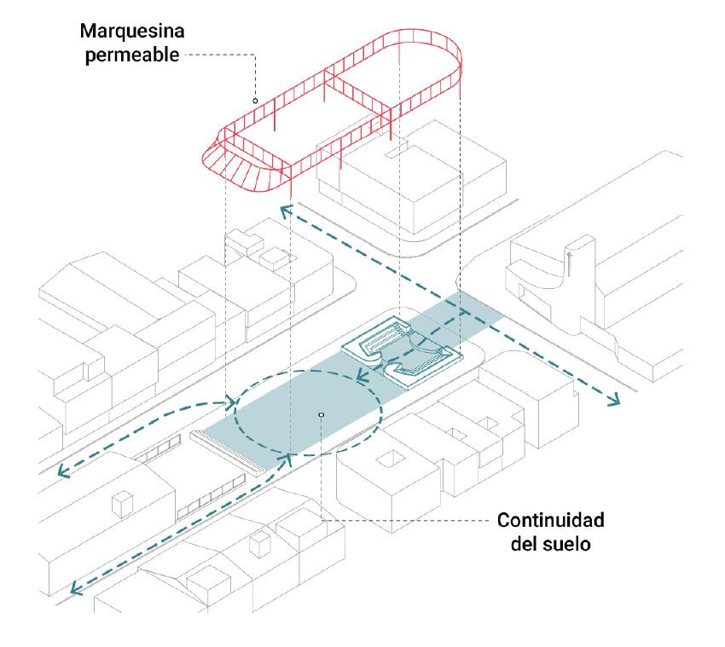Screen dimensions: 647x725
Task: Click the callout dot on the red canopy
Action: click(255, 101)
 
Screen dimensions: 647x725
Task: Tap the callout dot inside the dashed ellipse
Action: click(321, 415)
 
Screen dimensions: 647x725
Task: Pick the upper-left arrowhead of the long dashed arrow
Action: click(285, 207)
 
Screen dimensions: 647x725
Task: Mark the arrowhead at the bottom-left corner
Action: click(77, 586)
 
